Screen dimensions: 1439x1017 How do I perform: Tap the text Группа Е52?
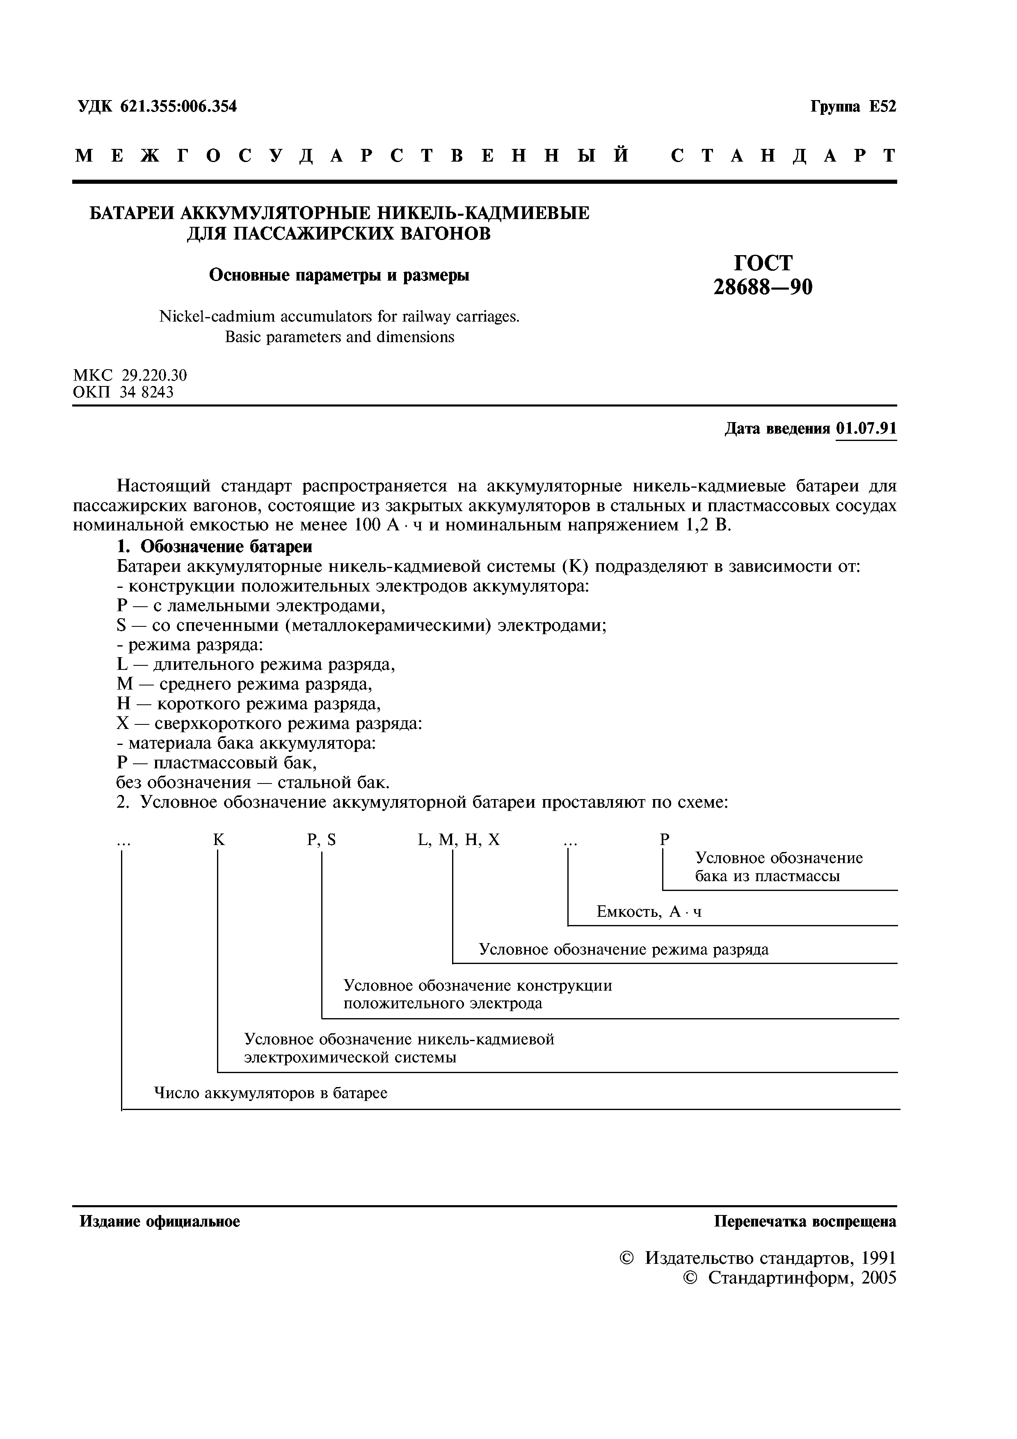[853, 107]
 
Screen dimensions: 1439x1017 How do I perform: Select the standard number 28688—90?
[763, 287]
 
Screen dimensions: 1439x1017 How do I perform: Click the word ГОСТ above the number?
[763, 262]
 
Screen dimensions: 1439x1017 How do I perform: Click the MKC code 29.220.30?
[154, 375]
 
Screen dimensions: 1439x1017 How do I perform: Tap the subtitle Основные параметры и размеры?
[339, 275]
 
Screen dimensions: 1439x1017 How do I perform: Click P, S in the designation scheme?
[322, 841]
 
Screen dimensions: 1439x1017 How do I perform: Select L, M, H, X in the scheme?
[459, 841]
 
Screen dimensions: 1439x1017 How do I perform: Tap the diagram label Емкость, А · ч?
[649, 912]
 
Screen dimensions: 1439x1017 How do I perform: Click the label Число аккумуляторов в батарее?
[271, 1093]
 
